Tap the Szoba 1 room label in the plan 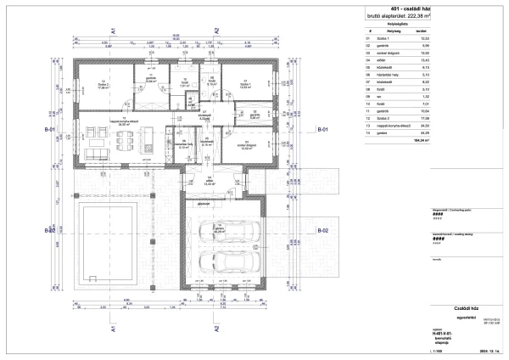(244, 84)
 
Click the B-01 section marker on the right (323, 130)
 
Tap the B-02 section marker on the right (323, 231)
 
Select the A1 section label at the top (113, 31)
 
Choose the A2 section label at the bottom (217, 327)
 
